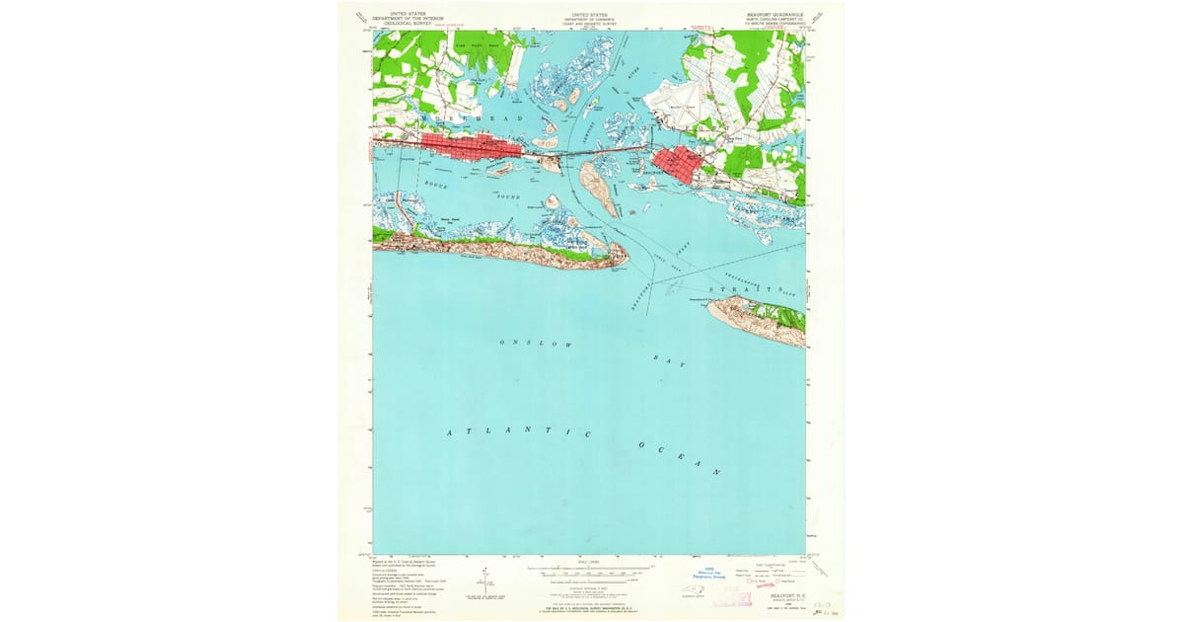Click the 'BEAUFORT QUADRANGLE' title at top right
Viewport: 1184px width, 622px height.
[776, 15]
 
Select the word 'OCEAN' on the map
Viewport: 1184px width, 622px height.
[680, 459]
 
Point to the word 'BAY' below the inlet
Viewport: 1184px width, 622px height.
[669, 359]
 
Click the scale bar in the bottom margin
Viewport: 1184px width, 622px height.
[591, 571]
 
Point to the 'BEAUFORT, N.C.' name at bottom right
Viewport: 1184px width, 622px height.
[787, 596]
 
